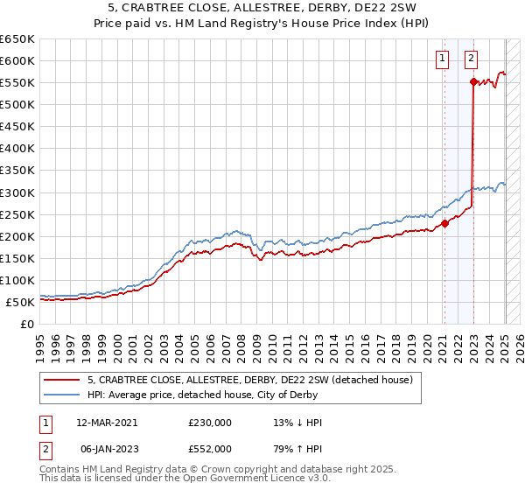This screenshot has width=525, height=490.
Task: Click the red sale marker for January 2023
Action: tap(473, 81)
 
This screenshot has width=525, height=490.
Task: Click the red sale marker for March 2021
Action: tap(444, 222)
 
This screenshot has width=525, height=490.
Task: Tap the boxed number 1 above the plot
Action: tap(443, 59)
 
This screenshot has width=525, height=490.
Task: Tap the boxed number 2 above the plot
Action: tap(471, 59)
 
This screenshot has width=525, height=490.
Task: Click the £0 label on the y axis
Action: tap(28, 324)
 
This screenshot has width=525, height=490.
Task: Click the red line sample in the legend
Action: tap(62, 380)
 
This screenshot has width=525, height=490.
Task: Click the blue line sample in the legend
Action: tap(62, 395)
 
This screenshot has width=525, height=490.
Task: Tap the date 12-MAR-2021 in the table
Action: tap(107, 423)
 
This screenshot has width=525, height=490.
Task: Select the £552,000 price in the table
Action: tap(210, 449)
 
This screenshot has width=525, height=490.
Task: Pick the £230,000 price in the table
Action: tap(210, 423)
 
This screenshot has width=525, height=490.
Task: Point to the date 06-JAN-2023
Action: tap(107, 449)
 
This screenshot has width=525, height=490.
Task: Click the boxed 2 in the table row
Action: tap(44, 449)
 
